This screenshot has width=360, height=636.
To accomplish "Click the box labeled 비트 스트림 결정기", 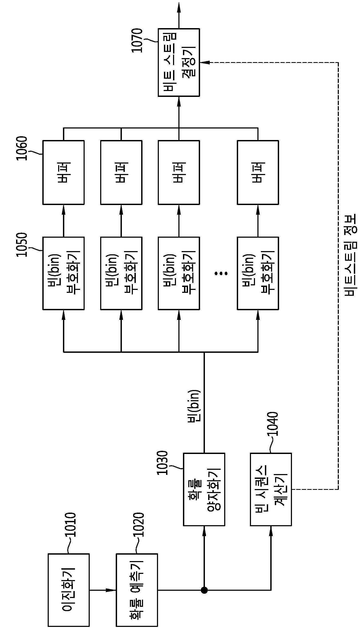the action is click(x=179, y=62).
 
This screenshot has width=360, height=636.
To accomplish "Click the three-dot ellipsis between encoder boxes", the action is click(x=221, y=273).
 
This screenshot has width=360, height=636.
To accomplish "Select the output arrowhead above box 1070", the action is click(x=179, y=7).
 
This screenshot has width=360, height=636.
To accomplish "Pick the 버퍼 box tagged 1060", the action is click(x=63, y=172).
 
